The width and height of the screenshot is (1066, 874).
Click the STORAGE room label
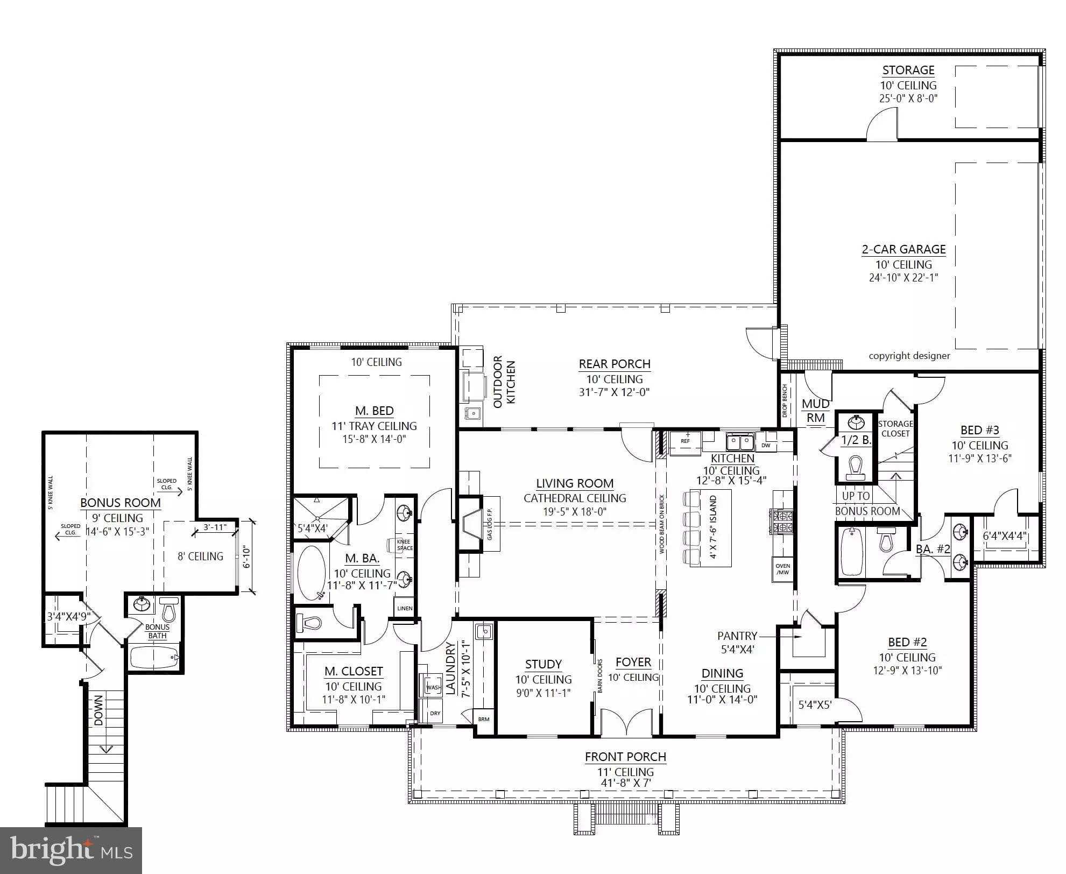[x=908, y=70]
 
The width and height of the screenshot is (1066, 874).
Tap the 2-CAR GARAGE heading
[x=903, y=249]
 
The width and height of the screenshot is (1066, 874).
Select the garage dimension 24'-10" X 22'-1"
[x=903, y=278]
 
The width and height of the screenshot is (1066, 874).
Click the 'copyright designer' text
[x=909, y=356]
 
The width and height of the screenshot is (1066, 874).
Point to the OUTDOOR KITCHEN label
[x=504, y=382]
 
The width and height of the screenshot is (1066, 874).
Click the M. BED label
[x=374, y=411]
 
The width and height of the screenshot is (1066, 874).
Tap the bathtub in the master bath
[x=312, y=573]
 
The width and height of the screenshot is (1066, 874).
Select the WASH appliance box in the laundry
[x=433, y=687]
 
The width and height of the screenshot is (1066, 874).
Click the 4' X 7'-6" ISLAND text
[x=714, y=527]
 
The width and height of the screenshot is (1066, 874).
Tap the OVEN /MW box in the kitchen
[x=782, y=569]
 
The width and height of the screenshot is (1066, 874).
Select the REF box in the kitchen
[x=685, y=441]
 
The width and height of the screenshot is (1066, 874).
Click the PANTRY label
[x=737, y=636]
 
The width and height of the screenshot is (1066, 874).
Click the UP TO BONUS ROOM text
[x=866, y=503]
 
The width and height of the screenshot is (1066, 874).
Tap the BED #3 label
[x=979, y=430]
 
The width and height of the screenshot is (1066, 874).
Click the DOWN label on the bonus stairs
[x=98, y=710]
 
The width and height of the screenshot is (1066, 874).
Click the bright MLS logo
[x=71, y=850]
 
